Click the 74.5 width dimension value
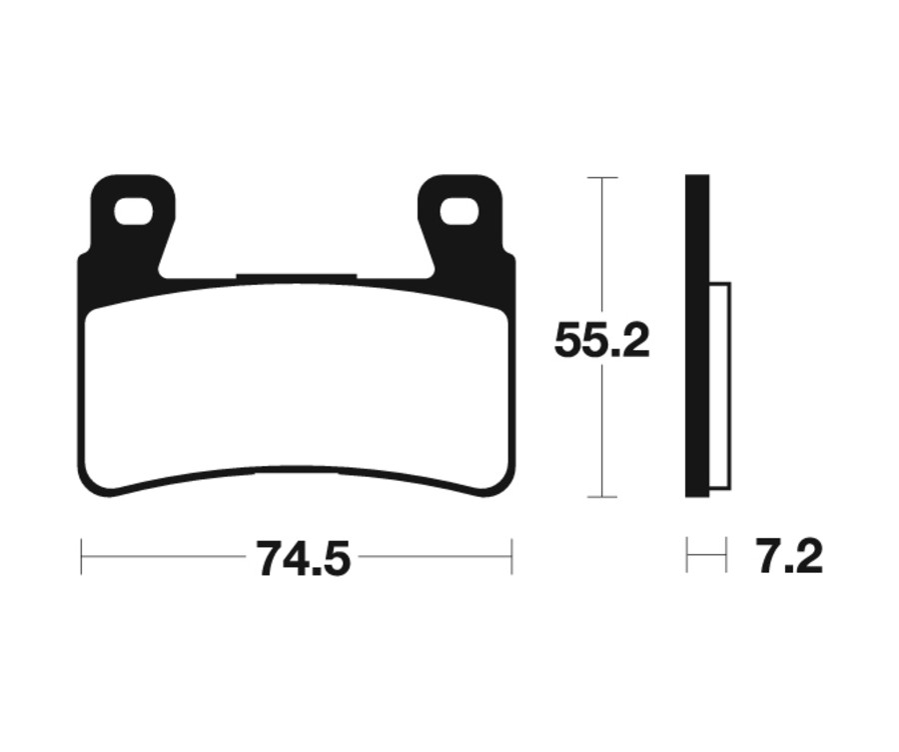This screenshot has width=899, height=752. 304,558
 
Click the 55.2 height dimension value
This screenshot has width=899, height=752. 601,342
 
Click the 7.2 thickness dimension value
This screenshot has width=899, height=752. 789,557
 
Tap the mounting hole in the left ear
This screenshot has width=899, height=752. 133,212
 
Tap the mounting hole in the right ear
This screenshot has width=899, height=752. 459,212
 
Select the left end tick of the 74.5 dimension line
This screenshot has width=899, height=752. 82,557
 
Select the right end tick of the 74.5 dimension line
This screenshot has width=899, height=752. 511,557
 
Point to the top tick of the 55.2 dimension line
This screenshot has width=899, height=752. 601,177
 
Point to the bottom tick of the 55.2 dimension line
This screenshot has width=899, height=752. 601,496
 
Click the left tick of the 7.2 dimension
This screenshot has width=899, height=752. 687,556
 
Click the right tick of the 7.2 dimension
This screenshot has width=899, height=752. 726,556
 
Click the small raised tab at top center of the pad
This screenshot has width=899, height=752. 297,277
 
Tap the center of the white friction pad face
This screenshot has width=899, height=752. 298,385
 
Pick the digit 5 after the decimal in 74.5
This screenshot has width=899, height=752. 337,558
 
